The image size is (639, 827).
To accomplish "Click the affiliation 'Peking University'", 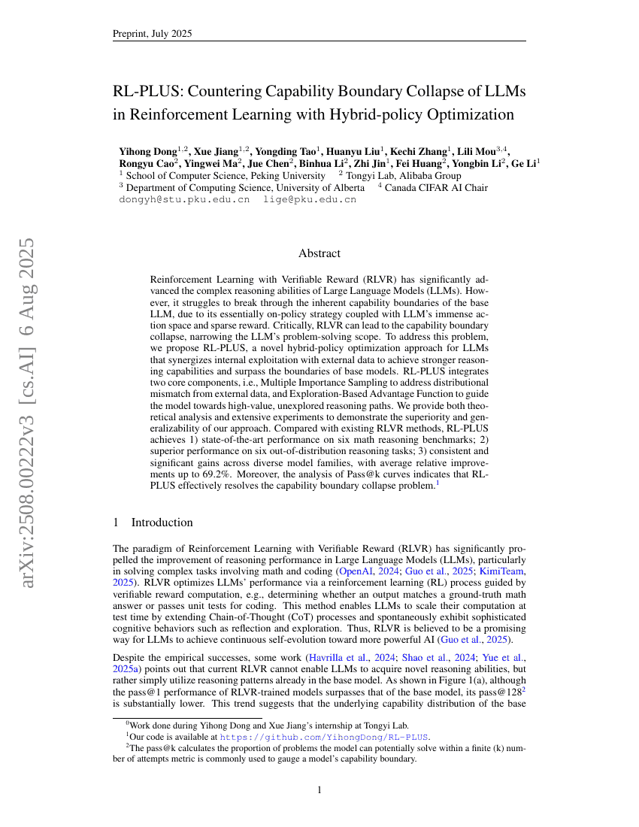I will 286,175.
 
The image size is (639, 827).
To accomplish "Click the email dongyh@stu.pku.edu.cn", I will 184,200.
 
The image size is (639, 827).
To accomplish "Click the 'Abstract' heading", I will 319,253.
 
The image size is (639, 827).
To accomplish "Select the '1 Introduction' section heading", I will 153,523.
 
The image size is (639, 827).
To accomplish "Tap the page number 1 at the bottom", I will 319,789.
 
